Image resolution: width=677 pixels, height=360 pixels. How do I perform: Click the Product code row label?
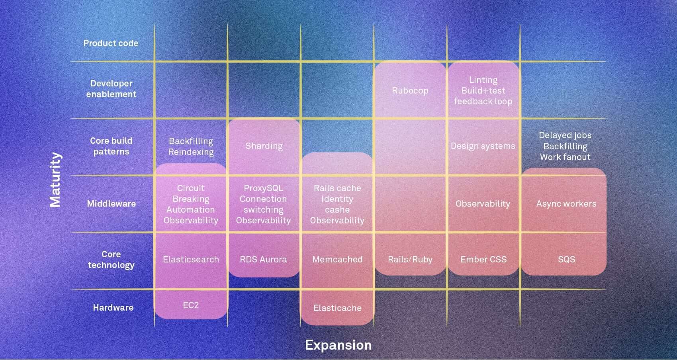click(x=111, y=43)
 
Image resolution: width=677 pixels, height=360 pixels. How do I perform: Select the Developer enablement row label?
click(x=111, y=89)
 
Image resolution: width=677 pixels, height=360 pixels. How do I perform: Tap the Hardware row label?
click(x=113, y=307)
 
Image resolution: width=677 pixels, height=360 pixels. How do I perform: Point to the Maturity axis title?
click(x=55, y=179)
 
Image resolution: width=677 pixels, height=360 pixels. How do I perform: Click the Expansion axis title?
click(x=338, y=345)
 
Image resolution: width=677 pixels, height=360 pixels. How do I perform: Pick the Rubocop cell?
click(x=410, y=90)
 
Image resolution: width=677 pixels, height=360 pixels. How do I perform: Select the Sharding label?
click(x=264, y=146)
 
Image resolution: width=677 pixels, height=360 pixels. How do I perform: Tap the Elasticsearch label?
click(x=191, y=259)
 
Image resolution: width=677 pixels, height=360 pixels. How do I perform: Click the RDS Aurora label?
click(x=263, y=259)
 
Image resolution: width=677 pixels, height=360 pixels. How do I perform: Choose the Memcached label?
click(x=337, y=259)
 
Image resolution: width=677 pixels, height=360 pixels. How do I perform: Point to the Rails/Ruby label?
click(x=410, y=259)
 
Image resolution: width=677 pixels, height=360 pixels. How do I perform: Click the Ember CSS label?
click(x=483, y=259)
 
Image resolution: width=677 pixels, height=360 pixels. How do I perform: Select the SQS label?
click(x=566, y=259)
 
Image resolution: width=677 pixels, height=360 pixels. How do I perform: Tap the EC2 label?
click(x=191, y=305)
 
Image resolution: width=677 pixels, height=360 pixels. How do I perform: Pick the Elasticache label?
click(x=337, y=308)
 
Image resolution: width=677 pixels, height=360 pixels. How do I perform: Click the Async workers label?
click(x=566, y=203)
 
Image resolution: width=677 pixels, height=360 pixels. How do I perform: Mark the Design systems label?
click(x=483, y=146)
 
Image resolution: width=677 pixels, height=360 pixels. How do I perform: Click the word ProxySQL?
click(x=263, y=188)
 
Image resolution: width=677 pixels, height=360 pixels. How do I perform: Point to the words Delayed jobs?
click(x=565, y=135)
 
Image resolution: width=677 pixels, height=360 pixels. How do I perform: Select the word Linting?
click(x=483, y=80)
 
